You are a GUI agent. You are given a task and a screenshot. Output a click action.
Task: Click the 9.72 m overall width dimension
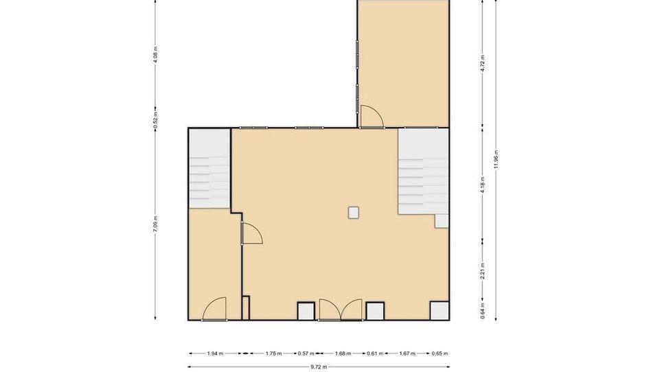coord(319,367)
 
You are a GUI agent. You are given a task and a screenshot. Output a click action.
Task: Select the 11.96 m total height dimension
coord(496,161)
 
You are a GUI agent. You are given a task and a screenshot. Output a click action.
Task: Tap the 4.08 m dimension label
coord(156,54)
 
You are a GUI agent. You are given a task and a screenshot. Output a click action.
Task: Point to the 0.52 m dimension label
coord(156,121)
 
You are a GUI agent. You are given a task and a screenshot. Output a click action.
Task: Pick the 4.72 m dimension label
coord(483,63)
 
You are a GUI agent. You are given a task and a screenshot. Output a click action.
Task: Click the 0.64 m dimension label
coord(483,312)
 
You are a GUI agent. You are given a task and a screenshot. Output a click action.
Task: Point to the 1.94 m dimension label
coord(215,354)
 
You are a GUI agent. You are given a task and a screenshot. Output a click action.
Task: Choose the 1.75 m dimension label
coord(273,354)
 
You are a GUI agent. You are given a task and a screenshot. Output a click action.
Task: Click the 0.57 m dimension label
coord(306,354)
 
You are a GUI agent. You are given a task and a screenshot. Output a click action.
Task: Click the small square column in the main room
coord(353,213)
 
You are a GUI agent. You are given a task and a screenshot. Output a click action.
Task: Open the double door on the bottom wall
coord(341,310)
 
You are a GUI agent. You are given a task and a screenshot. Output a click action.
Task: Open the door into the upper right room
coord(372,117)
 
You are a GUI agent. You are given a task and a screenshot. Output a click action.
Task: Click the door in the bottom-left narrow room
coord(214,310)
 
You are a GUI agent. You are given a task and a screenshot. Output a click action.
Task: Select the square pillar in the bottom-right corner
coord(439,311)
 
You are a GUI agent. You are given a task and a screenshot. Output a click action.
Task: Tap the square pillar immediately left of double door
coord(306,311)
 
